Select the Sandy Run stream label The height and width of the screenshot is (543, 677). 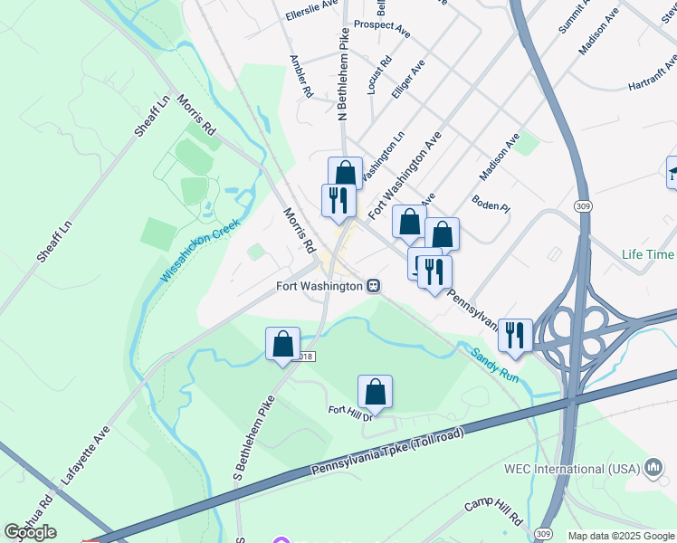pos(495,364)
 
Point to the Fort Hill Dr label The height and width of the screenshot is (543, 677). pos(351,413)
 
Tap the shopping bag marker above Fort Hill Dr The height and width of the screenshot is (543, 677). pos(375,393)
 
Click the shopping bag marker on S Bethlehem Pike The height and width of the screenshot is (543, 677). pos(282,345)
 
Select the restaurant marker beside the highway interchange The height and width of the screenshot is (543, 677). pos(515,334)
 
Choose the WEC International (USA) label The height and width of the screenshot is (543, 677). pos(571,469)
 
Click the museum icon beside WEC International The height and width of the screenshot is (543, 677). pos(653,468)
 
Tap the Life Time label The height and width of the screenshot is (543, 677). pos(648,254)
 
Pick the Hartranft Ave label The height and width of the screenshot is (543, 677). pos(652,74)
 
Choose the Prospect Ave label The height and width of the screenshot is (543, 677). pos(382,28)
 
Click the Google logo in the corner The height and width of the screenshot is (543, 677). pos(30,532)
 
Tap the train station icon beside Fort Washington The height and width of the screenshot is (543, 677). pos(373,286)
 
